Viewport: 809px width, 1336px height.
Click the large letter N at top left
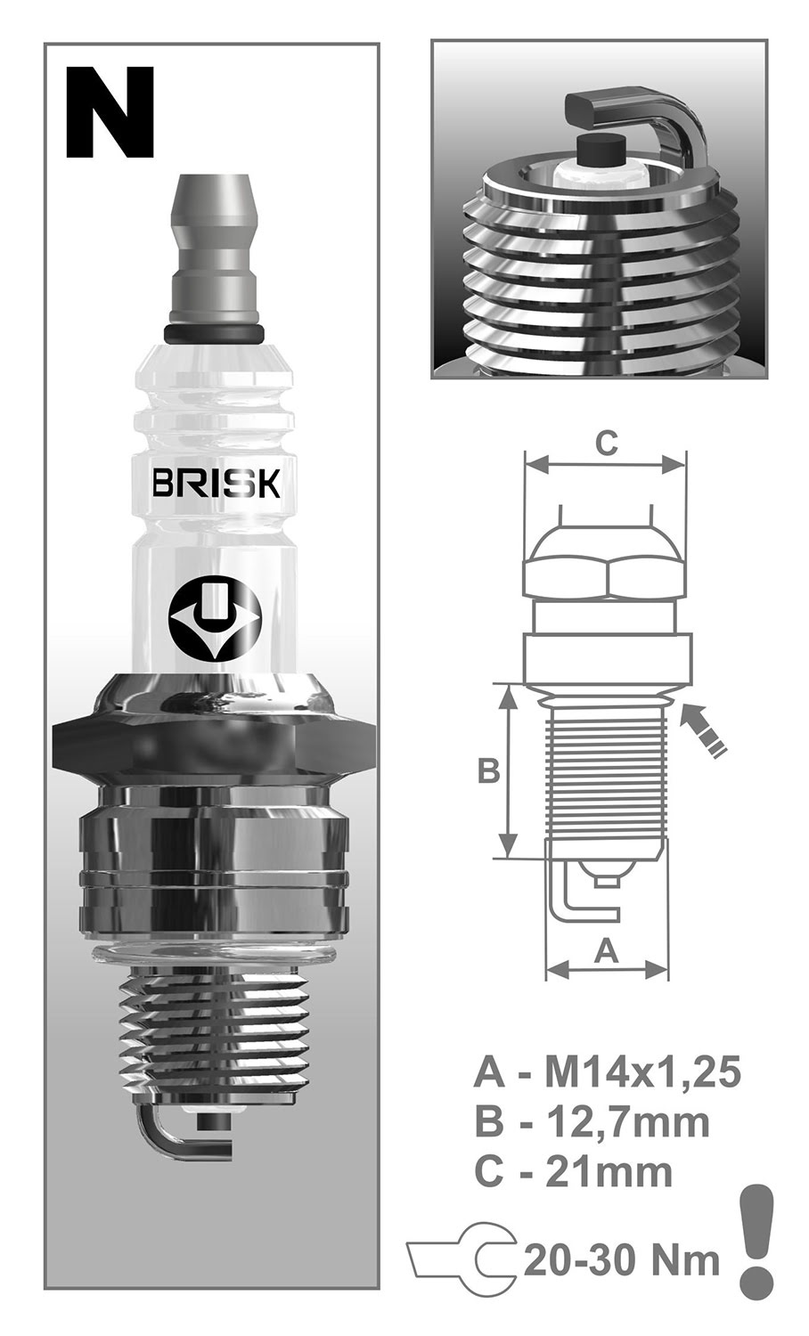coord(110,113)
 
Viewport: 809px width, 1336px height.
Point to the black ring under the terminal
coord(214,332)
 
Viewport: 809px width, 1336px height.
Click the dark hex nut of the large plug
coord(214,739)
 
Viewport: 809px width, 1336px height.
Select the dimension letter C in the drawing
coord(606,443)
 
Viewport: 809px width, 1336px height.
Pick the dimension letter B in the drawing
coord(488,770)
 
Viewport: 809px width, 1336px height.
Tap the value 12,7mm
coord(627,1121)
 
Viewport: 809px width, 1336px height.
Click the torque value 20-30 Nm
coord(622,1260)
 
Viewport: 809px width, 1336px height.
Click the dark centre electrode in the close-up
coord(599,152)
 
